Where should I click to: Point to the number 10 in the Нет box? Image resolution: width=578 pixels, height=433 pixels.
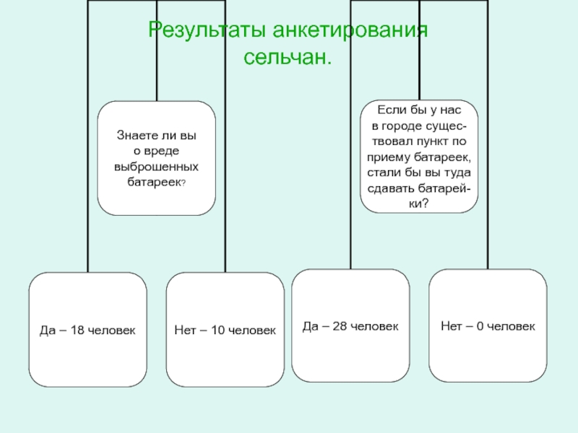point(212,329)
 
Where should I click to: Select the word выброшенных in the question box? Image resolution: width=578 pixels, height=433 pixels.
point(156,167)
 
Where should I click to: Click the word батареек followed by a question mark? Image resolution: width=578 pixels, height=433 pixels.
point(152,183)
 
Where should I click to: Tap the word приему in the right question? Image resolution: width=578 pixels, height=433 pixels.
point(389,157)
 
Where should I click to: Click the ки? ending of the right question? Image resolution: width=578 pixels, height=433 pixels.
point(418,204)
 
